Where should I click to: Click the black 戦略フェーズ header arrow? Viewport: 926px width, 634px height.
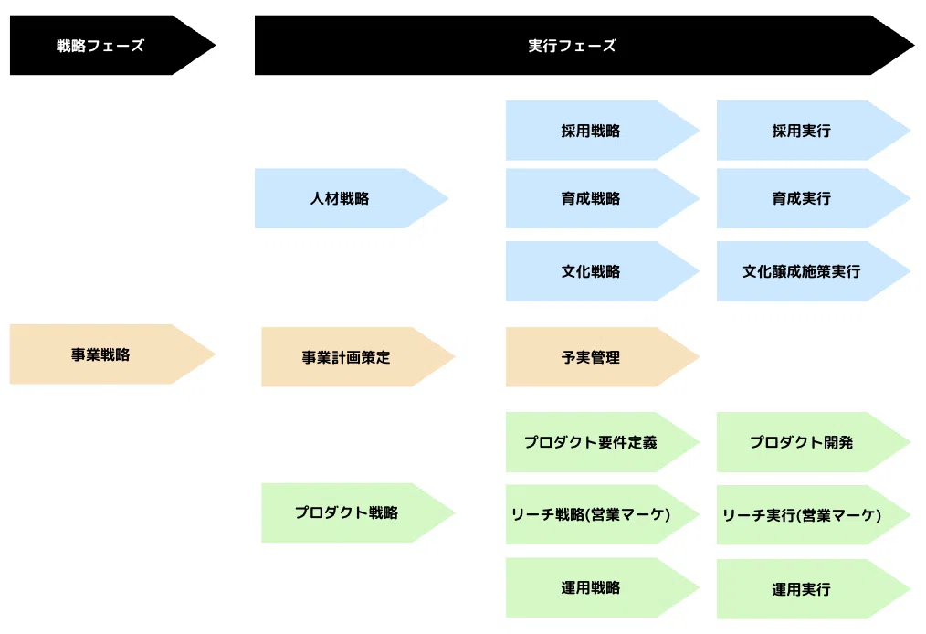pos(112,45)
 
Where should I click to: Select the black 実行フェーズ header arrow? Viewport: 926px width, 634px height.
pos(584,45)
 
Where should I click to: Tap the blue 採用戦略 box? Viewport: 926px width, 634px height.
pos(603,130)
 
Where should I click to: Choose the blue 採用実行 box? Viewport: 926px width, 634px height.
pos(813,130)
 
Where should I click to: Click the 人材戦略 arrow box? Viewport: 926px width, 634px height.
pos(352,198)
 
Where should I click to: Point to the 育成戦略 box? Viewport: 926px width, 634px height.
pos(603,198)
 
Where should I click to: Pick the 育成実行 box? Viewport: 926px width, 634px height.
pos(813,198)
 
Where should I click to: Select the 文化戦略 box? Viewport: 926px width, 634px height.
pos(603,271)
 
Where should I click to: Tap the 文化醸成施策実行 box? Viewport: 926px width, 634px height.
pos(813,271)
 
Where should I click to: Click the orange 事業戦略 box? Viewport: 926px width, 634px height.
pos(112,354)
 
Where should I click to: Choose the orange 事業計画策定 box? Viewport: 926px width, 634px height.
pos(358,357)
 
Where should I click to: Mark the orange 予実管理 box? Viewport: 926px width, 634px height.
pos(603,357)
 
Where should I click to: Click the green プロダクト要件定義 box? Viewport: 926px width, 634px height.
pos(603,442)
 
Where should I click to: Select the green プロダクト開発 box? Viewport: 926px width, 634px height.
pos(813,442)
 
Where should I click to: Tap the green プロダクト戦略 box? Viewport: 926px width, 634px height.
pos(358,512)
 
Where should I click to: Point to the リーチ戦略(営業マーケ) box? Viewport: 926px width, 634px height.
pos(603,514)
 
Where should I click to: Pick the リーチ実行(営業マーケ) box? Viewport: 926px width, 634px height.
pos(813,514)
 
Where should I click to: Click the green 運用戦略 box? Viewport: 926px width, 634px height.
pos(603,587)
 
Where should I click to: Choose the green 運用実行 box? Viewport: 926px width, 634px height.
pos(813,589)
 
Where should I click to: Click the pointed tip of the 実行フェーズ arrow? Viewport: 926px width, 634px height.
pos(914,45)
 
